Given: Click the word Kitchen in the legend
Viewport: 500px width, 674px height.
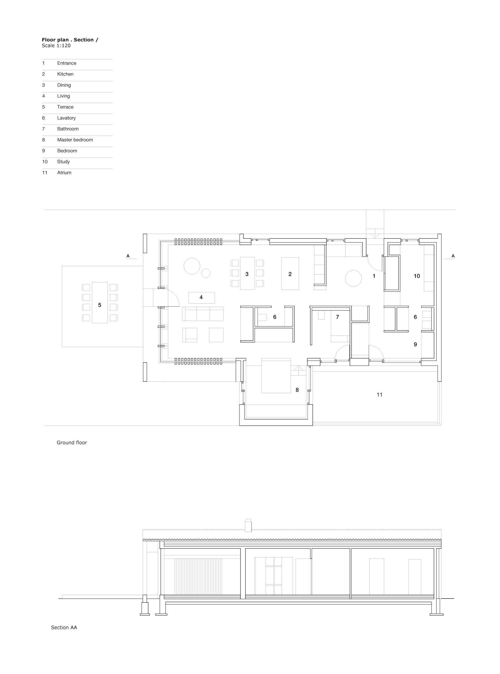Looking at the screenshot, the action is [x=65, y=74].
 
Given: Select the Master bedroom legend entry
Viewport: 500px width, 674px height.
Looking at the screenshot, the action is [x=75, y=140].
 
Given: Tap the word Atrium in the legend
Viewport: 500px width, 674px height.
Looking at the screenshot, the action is [x=64, y=173].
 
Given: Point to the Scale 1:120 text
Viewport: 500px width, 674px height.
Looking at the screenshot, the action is [x=56, y=46].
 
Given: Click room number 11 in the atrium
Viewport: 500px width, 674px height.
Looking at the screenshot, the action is [x=379, y=395].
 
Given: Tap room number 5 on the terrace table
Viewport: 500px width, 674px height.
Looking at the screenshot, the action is [x=99, y=305].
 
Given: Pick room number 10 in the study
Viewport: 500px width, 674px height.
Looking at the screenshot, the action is [x=417, y=276].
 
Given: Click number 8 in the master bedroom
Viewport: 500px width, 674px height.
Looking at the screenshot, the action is [x=297, y=390].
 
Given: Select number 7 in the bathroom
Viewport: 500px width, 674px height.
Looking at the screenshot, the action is [x=337, y=317].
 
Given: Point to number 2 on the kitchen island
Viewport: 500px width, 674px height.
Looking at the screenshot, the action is [x=290, y=274].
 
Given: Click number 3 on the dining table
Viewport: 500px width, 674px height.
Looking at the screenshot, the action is [x=247, y=274].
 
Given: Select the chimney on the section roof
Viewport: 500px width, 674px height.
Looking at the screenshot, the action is [x=248, y=525].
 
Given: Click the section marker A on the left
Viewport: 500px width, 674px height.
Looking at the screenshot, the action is [x=128, y=256].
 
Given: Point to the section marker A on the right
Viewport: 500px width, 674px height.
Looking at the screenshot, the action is [x=453, y=256].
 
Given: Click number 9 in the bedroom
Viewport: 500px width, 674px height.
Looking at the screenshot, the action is [x=415, y=344].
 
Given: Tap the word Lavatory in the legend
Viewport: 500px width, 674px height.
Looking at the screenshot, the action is [x=66, y=118].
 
